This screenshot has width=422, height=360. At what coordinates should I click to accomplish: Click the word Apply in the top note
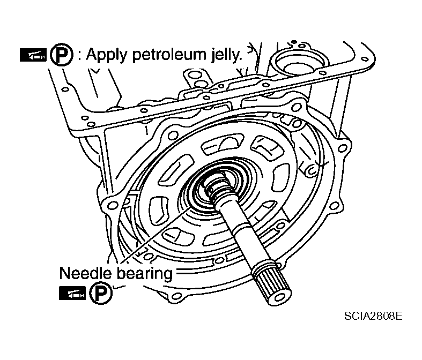coord(106,55)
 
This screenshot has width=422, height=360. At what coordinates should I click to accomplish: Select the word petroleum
coord(168,55)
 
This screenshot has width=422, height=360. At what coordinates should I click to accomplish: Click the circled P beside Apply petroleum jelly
coord(62,55)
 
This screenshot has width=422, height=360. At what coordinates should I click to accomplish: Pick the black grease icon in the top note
coord(33,55)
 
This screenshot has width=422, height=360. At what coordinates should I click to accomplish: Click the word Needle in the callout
coord(85,273)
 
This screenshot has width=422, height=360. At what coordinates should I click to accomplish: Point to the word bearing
coord(145,274)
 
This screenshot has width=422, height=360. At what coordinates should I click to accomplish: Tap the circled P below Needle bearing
coord(101,293)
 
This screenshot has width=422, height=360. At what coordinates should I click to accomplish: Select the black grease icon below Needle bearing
coord(72,294)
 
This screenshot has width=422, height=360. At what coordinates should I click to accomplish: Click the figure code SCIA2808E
coord(373,316)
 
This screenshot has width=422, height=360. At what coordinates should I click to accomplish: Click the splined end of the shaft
coord(272,283)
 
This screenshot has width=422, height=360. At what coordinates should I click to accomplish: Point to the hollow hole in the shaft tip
coord(279,297)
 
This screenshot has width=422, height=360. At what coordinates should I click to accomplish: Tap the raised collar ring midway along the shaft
coord(240,229)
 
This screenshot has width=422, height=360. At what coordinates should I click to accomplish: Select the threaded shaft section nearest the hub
coord(219,187)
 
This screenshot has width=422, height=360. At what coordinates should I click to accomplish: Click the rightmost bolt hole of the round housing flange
coord(342,148)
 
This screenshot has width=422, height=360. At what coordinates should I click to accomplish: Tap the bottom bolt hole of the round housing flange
coord(176,297)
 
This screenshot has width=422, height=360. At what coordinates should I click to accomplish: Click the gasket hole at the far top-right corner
coord(365,59)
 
